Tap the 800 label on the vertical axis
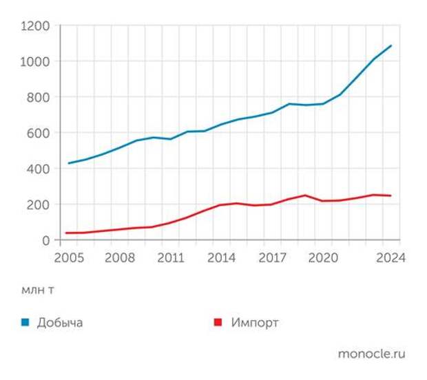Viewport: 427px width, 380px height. tap(39, 98)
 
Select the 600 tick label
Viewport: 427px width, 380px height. tap(39, 134)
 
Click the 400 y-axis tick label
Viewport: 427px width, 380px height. tap(39, 169)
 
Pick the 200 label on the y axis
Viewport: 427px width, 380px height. tap(39, 205)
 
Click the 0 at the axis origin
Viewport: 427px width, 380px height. tap(45, 241)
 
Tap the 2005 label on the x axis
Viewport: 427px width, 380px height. tap(68, 258)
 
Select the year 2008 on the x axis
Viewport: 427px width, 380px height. tap(119, 258)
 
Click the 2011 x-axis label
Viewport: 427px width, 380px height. tap(171, 258)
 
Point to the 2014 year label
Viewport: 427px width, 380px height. tap(222, 258)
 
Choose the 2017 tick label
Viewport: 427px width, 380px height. tap(273, 258)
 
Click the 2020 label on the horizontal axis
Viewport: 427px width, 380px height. tap(324, 258)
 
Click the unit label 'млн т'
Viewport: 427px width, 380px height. tap(37, 290)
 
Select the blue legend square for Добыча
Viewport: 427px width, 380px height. tap(25, 322)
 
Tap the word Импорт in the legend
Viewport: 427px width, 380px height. tap(255, 322)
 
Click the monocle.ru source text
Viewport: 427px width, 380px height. tap(371, 354)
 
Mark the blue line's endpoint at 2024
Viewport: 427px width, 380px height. tap(391, 45)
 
